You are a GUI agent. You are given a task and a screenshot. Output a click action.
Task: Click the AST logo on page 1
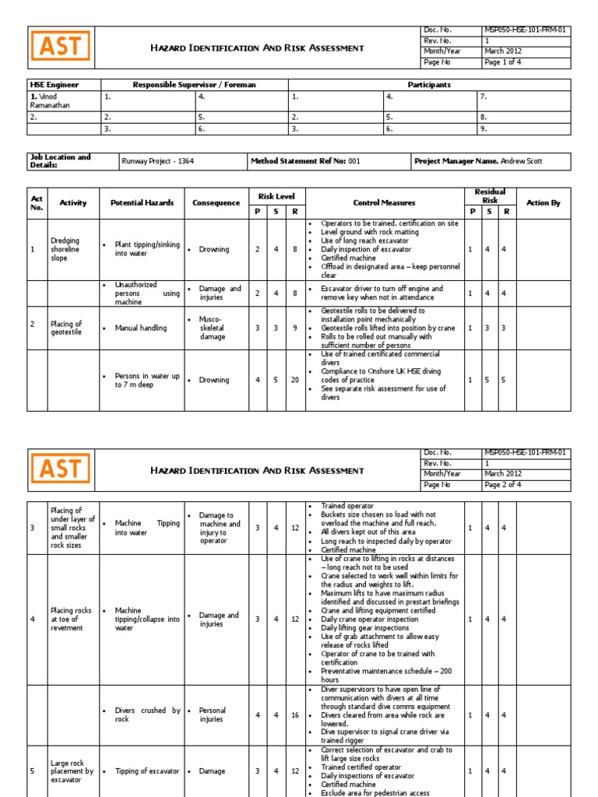pos(61,47)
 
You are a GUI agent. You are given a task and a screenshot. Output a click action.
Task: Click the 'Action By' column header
pos(543,203)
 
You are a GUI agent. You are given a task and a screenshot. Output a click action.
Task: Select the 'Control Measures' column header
pos(384,203)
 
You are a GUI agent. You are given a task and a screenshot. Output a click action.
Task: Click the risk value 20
pos(295,380)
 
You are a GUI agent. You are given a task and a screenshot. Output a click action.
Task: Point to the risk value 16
pos(295,715)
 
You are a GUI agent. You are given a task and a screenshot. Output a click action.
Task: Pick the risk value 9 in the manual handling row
pos(295,328)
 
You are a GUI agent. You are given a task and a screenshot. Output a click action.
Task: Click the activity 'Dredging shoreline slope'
pos(65,250)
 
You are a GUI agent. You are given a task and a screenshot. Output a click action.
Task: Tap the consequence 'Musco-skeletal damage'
pos(212,328)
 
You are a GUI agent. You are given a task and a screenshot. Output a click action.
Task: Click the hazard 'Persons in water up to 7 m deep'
pos(146,380)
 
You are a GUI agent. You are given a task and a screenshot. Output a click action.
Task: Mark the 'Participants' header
pos(429,85)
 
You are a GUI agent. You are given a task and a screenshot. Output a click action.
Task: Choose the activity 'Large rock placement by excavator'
pos(72,771)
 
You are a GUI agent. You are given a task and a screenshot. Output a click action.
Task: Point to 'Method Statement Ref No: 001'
pos(305,162)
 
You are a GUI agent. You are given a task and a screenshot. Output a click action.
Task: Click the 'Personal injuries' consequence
pos(212,714)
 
